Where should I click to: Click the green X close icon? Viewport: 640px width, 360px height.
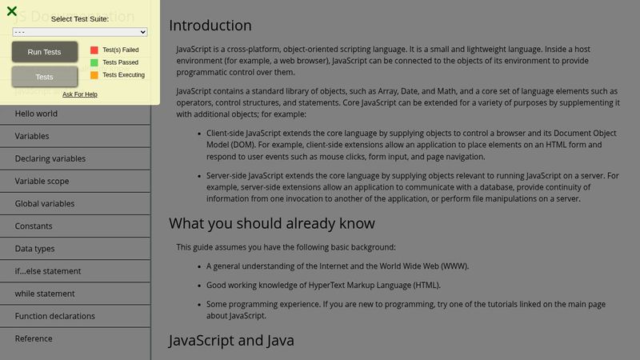(x=12, y=11)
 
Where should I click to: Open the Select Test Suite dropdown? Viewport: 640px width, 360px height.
(x=80, y=32)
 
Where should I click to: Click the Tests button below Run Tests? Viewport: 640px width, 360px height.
(x=45, y=77)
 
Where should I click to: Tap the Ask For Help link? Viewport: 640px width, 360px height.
(x=80, y=94)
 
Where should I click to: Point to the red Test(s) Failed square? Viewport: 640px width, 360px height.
(x=94, y=50)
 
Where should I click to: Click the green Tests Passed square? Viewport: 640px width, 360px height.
(x=94, y=62)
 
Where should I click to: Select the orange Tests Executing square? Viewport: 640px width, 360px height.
(x=94, y=75)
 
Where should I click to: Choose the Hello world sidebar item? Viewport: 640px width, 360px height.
(x=36, y=114)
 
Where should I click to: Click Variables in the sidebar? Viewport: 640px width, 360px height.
(x=32, y=136)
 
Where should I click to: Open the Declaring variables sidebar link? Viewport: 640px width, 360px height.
(x=50, y=158)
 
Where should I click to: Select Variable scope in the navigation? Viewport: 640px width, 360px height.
(x=42, y=181)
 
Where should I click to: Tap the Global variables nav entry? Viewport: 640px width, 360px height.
(x=45, y=203)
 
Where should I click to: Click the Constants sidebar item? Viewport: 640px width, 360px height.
(x=34, y=226)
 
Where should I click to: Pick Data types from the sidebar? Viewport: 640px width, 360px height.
(x=35, y=249)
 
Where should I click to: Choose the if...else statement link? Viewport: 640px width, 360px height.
(x=48, y=271)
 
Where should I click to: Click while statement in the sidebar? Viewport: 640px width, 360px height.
(x=45, y=294)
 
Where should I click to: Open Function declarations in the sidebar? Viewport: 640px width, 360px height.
(x=55, y=316)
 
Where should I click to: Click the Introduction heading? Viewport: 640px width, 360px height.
(x=210, y=26)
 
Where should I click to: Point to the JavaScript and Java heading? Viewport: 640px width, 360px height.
(x=232, y=341)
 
